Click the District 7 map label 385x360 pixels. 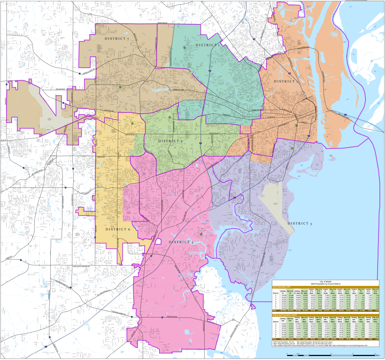click(117, 39)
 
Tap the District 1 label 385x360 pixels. click(207, 45)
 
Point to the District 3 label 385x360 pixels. click(300, 223)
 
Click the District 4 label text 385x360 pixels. click(181, 242)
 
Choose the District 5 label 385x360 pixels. click(170, 141)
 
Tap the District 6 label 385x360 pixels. click(117, 229)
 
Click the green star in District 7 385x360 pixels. click(120, 87)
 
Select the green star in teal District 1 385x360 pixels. click(185, 48)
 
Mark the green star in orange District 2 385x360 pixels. click(297, 126)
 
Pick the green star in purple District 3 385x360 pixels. click(292, 148)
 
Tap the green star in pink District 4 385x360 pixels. click(201, 234)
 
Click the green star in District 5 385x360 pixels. click(170, 118)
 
